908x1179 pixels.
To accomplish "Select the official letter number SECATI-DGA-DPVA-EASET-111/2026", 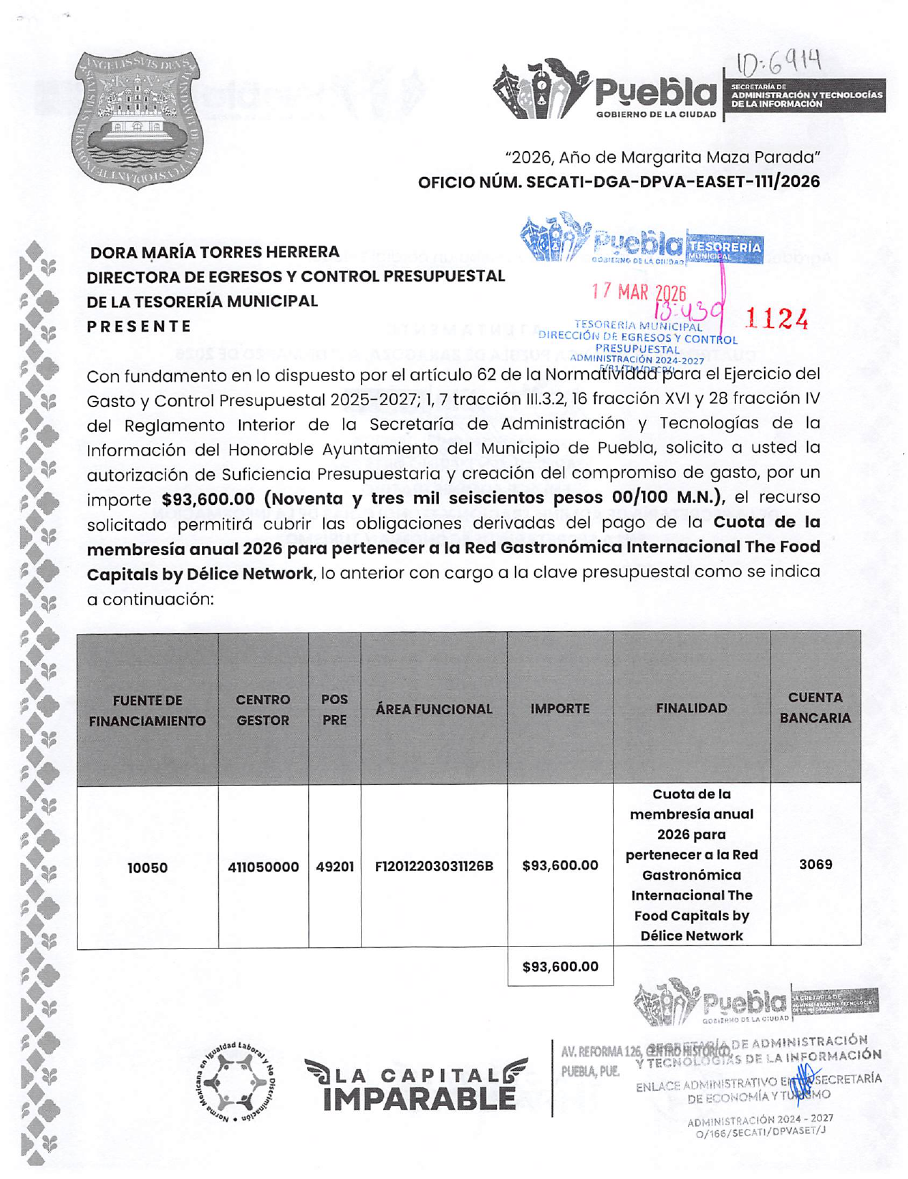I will point(619,182).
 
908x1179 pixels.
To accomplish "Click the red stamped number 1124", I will point(777,319).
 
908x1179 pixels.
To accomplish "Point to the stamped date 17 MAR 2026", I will point(638,292).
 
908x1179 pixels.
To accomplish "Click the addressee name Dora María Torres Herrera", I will point(214,252).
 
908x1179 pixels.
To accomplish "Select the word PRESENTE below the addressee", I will point(140,327).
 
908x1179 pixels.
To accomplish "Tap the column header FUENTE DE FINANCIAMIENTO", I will point(148,711).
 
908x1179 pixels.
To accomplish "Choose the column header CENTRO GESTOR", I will point(263,710).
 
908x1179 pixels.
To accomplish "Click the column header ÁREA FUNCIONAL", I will point(434,709).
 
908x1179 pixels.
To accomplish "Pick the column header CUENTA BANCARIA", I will point(815,708).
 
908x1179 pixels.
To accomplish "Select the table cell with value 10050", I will point(148,868).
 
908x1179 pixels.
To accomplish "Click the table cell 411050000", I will point(263,867).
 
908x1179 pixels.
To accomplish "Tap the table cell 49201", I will point(334,867).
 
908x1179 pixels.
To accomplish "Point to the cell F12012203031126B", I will point(434,866).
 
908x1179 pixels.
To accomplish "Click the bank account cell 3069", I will point(815,865).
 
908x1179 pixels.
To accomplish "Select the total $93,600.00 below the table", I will point(560,967).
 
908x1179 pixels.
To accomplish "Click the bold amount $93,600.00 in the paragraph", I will point(208,499).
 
